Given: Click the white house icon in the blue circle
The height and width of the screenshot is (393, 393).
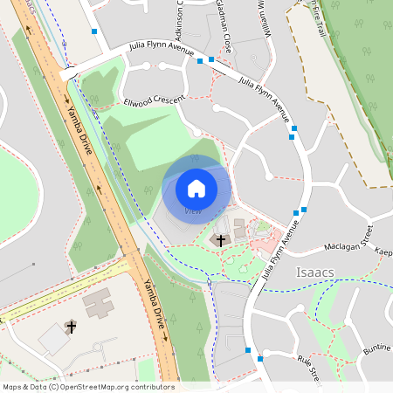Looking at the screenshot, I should tap(196, 188).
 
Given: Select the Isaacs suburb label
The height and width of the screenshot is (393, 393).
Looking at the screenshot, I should tap(314, 272).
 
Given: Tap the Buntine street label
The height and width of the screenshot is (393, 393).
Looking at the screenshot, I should tap(376, 348).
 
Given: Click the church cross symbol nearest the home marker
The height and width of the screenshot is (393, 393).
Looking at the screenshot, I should tap(221, 240).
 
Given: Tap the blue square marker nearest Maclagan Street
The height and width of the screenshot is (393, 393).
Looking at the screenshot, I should tap(304, 210).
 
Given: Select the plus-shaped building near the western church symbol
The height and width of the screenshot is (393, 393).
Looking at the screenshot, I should tap(98, 302).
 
